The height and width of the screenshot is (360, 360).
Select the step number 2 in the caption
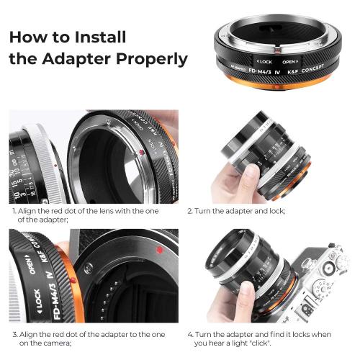189,212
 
